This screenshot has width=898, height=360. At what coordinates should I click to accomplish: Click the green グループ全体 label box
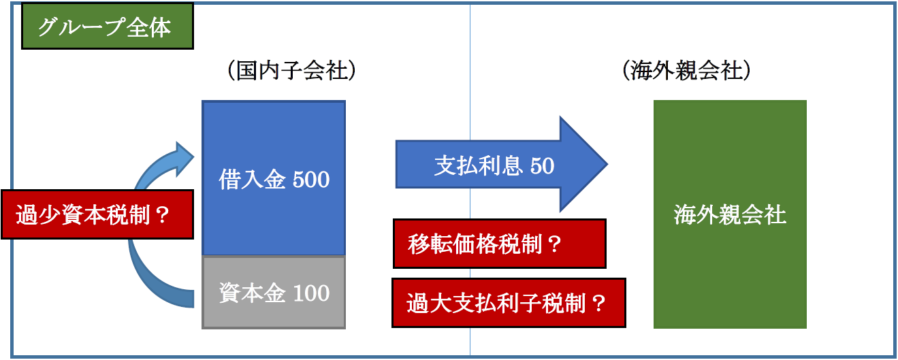pos(108,26)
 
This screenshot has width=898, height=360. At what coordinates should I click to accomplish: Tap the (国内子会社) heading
pos(291,71)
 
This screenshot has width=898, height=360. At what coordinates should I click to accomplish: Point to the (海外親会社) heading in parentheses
pos(686,71)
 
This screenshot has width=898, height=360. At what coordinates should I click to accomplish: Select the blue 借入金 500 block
pos(274,178)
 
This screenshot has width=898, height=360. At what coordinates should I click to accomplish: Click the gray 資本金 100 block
pos(274,292)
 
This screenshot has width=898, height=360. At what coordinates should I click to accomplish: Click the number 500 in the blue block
pos(311,179)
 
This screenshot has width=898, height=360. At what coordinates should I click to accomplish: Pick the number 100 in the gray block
pos(311,293)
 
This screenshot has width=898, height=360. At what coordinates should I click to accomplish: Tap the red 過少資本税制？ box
pos(97,214)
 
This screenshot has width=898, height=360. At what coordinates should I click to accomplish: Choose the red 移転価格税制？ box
pos(500,244)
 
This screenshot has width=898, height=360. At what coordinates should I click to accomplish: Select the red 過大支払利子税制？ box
pos(509,303)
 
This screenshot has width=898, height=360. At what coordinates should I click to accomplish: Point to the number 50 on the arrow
pos(543,165)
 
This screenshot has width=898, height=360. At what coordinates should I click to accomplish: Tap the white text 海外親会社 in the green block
pos(730,214)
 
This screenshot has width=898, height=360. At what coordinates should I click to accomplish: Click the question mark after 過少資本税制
pos(162,215)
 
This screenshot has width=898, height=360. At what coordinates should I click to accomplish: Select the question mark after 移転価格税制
pos(554,244)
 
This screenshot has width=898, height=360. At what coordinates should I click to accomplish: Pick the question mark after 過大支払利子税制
pos(598,303)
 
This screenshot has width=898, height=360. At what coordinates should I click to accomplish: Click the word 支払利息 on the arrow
pos(478,165)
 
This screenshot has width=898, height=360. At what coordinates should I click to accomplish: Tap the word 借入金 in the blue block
pos(252,179)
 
